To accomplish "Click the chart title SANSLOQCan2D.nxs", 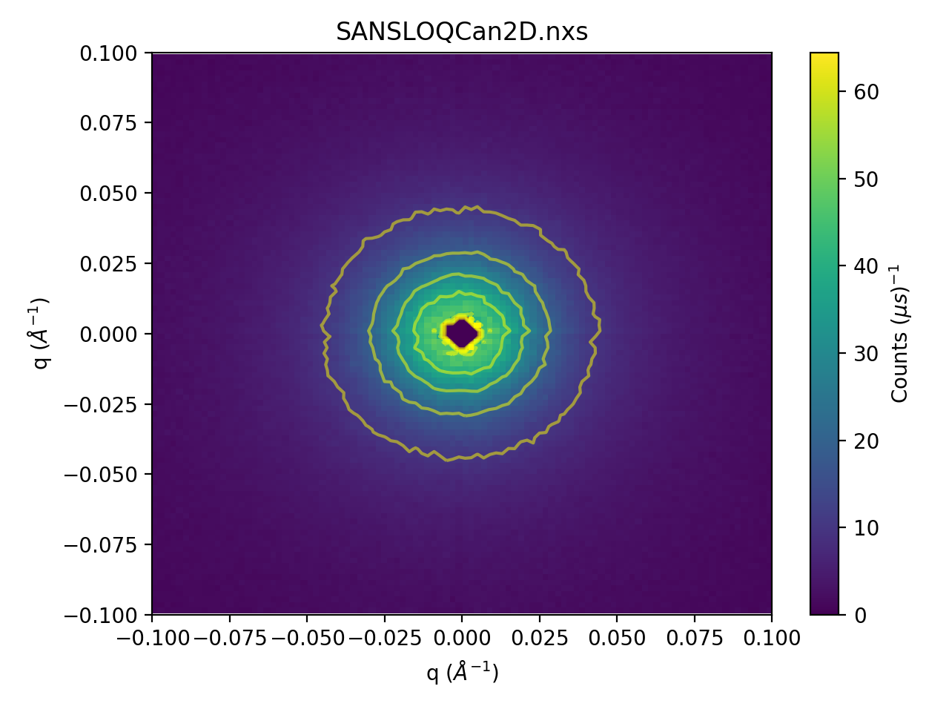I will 461,32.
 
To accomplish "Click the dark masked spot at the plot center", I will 462,333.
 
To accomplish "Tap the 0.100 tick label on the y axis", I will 108,53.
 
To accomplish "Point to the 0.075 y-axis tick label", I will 108,123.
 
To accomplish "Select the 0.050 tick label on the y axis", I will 108,194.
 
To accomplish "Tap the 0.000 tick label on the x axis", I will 462,638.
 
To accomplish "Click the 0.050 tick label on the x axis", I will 617,638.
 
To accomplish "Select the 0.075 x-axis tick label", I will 695,638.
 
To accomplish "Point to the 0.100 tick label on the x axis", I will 772,638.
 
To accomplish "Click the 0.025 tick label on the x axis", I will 540,638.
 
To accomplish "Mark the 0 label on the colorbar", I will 860,616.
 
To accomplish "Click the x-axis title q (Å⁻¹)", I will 462,672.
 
